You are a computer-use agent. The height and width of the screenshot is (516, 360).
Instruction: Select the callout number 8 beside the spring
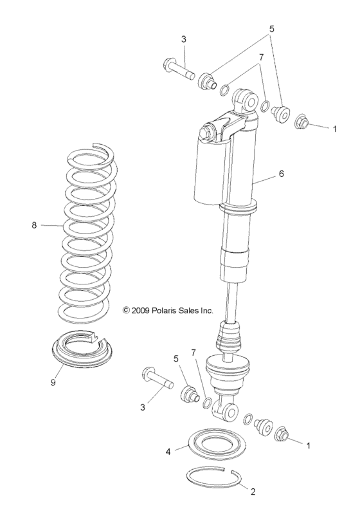click(33, 225)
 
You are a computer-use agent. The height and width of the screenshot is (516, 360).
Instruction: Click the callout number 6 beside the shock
click(281, 174)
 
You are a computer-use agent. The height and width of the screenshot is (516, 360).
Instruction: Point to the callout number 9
click(53, 382)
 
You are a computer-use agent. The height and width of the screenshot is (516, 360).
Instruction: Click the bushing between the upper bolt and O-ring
click(207, 82)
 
